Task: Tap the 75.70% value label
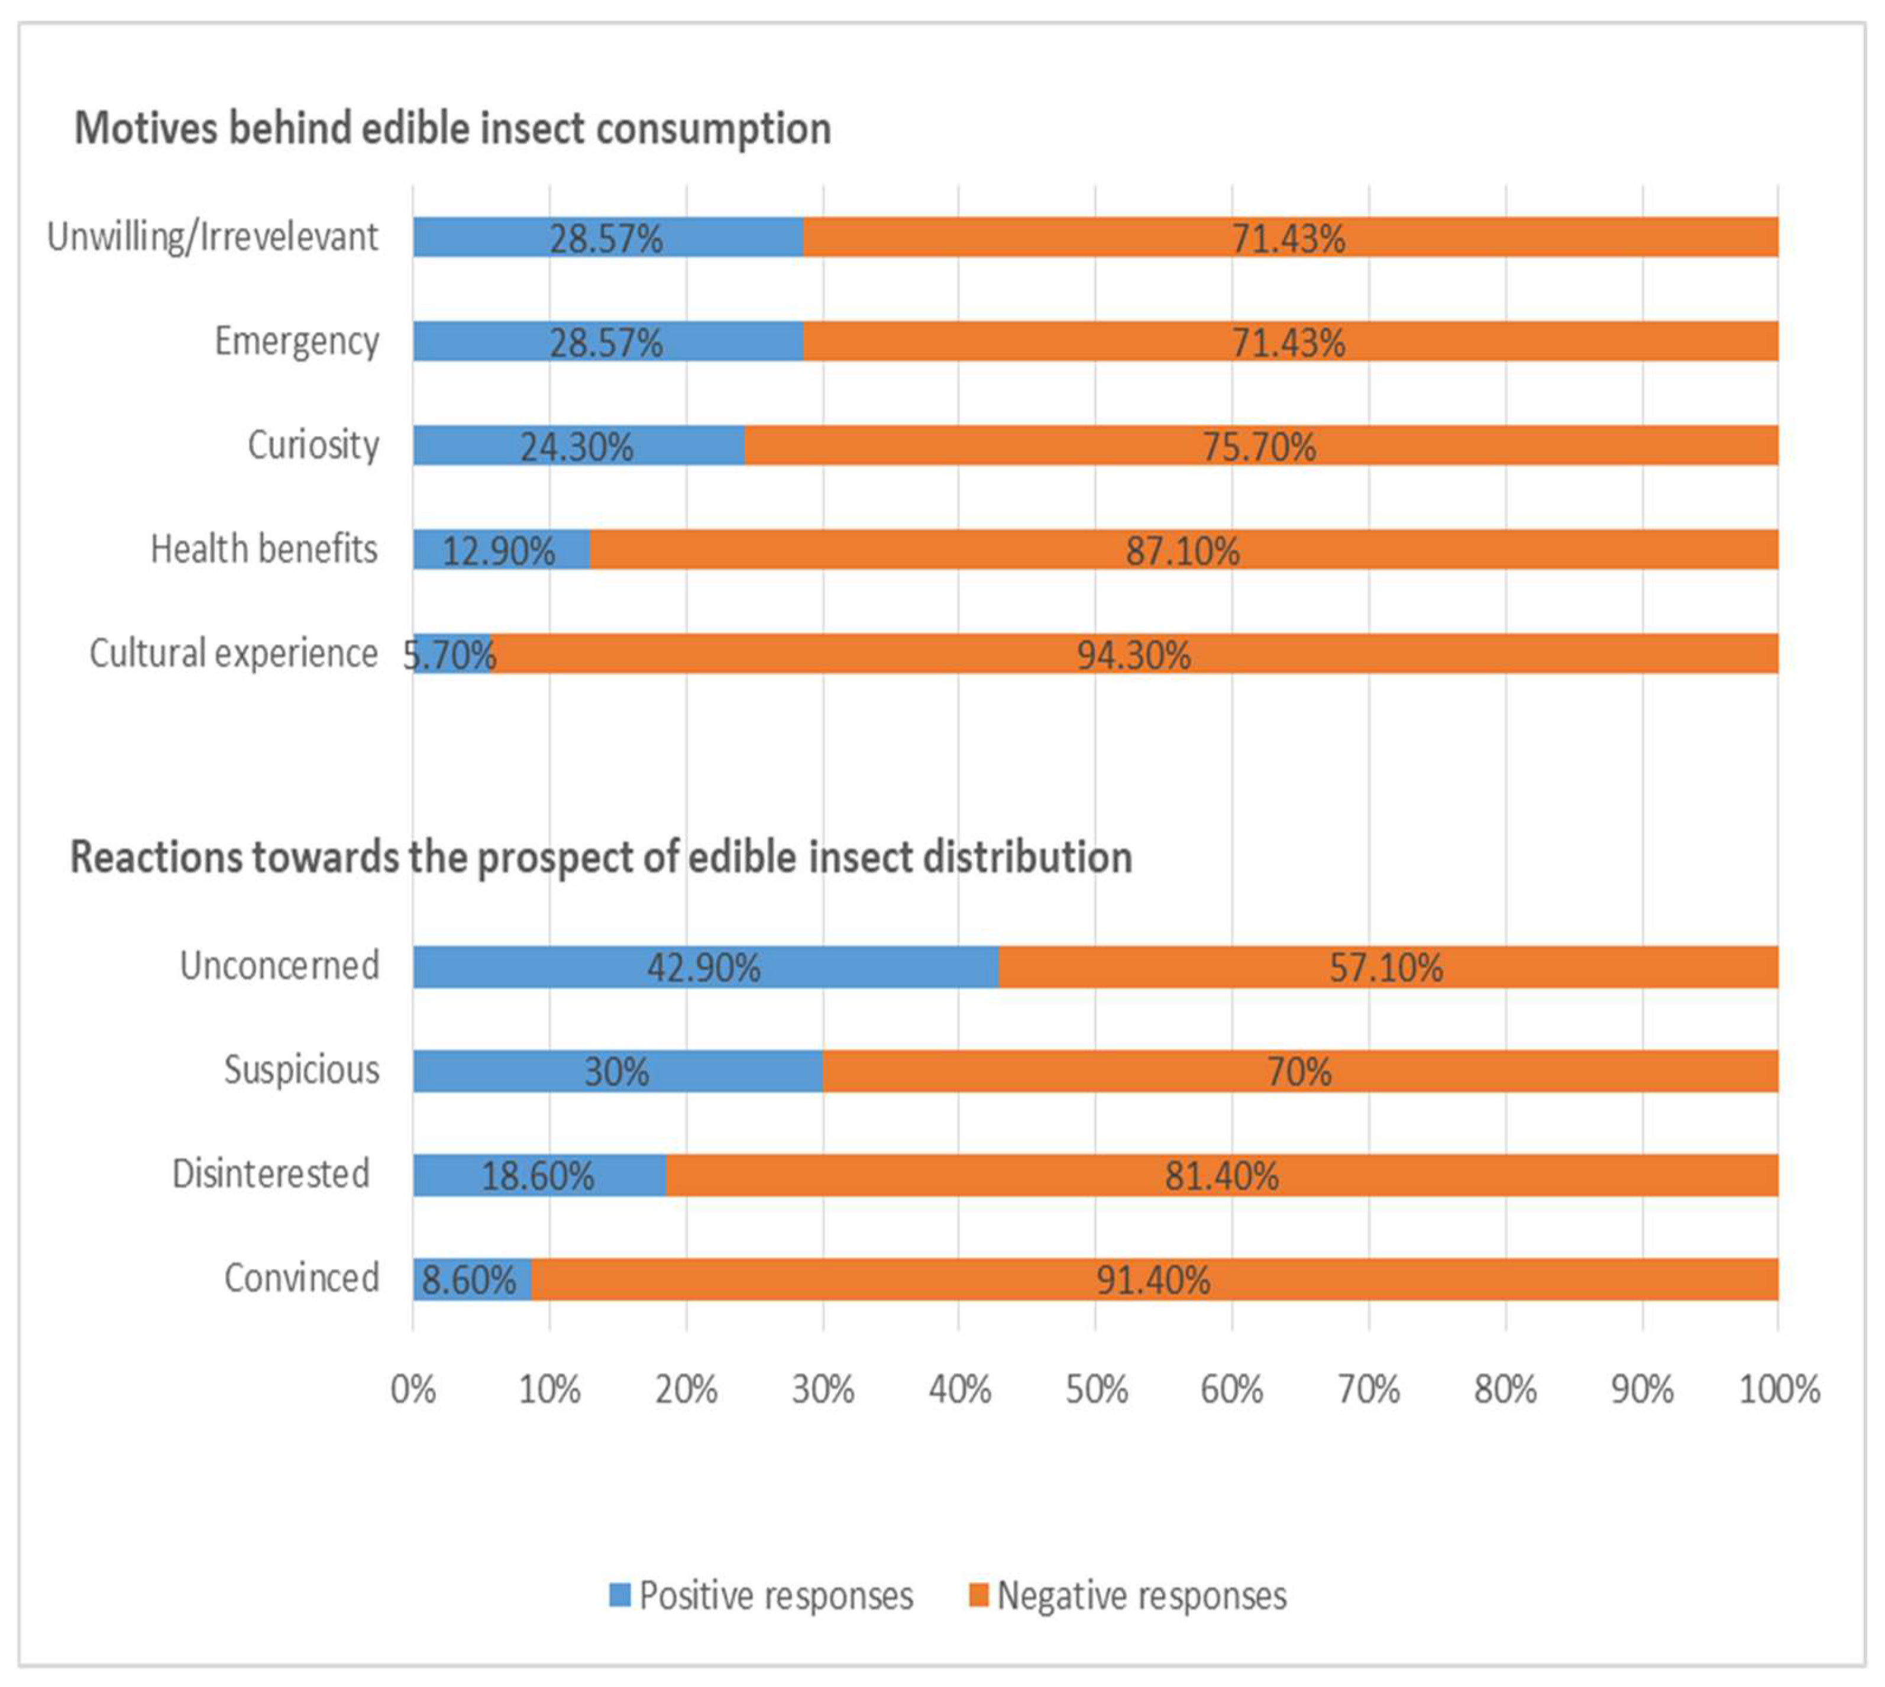coord(1259,447)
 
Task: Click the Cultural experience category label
coord(234,654)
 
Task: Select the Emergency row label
coord(296,342)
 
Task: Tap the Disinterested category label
coord(271,1174)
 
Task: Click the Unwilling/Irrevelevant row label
coord(212,237)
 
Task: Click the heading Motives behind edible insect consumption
coord(452,128)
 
